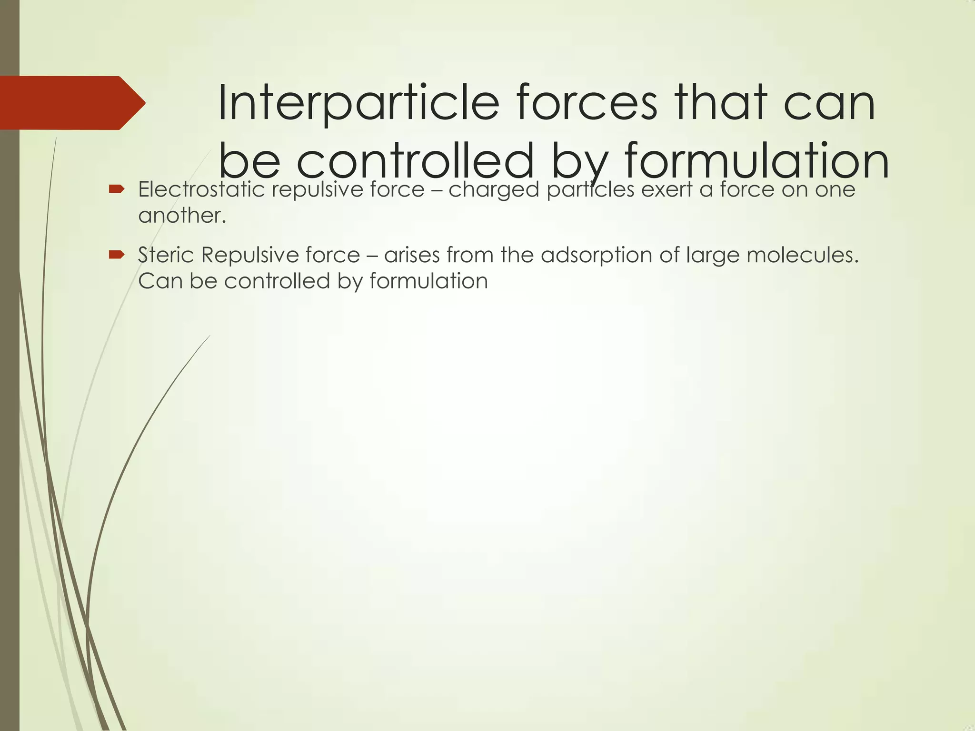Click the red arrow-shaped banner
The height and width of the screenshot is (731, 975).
pos(71,103)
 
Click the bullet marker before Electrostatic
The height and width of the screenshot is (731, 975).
pos(117,189)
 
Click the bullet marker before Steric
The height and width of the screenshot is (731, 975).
pos(117,255)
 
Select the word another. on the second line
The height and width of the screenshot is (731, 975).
pos(182,216)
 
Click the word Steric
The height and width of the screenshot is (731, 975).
pos(166,255)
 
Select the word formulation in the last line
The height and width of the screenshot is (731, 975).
pos(428,281)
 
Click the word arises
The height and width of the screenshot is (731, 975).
pos(412,255)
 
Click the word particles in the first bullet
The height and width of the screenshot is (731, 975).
pos(590,190)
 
